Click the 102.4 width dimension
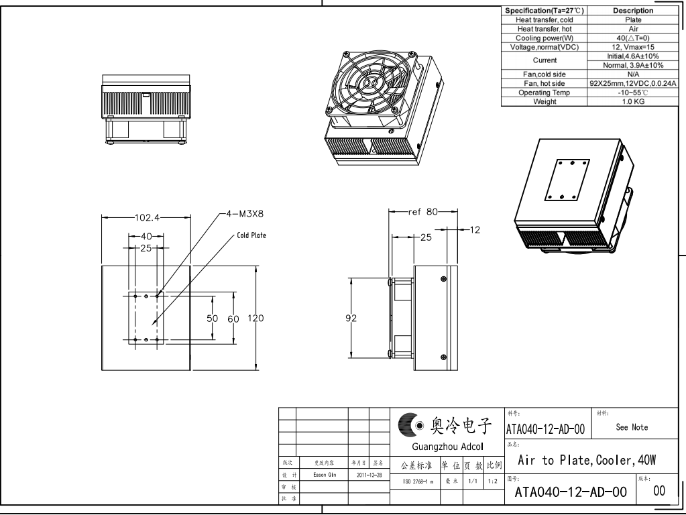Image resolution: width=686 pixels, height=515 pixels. coord(146,217)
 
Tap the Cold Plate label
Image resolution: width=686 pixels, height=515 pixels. coord(251,235)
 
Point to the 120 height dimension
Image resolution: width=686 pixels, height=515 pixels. coord(255,319)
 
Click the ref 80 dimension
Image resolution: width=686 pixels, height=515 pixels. coord(422,212)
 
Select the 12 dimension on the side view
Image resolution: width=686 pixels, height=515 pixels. coord(474,230)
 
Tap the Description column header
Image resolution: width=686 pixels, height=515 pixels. coord(633,11)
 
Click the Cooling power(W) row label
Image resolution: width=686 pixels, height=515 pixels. coord(544,38)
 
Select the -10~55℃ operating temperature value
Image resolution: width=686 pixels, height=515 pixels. coord(633,93)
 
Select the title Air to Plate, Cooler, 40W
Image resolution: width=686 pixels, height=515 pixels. coord(587,461)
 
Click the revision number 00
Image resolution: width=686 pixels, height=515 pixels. coord(659,492)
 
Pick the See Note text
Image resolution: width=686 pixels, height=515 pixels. coord(632,427)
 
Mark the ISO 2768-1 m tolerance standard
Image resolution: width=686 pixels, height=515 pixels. coord(416,481)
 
